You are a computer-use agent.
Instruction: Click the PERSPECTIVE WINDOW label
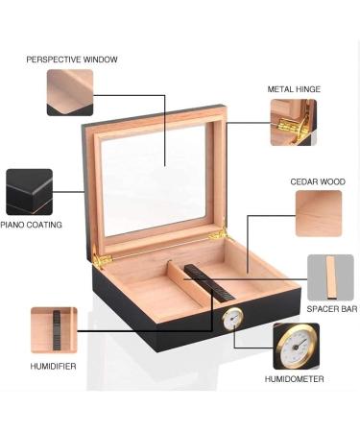(x=72, y=60)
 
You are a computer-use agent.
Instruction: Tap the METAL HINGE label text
(x=294, y=89)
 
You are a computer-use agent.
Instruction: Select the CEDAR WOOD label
(x=319, y=180)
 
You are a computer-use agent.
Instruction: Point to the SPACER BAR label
(x=331, y=309)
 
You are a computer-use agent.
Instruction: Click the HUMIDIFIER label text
(x=53, y=366)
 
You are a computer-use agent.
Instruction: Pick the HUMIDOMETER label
(x=295, y=379)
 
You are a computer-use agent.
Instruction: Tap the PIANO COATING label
(x=32, y=225)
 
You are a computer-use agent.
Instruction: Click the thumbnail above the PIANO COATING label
(x=29, y=192)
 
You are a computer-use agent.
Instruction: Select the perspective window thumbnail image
(x=70, y=92)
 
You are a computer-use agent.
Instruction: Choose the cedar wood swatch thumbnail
(x=319, y=213)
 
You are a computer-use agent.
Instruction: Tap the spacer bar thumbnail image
(x=330, y=277)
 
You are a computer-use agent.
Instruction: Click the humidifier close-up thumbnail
(x=54, y=330)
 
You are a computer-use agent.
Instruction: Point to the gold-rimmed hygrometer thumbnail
(x=296, y=346)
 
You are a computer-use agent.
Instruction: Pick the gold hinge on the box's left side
(x=99, y=258)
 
